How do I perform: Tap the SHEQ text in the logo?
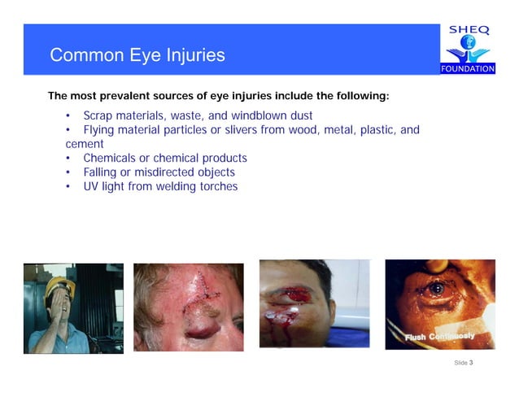[469, 31]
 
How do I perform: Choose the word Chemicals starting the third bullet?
[111, 158]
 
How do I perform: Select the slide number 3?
[471, 362]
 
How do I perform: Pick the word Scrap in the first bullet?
[98, 116]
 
